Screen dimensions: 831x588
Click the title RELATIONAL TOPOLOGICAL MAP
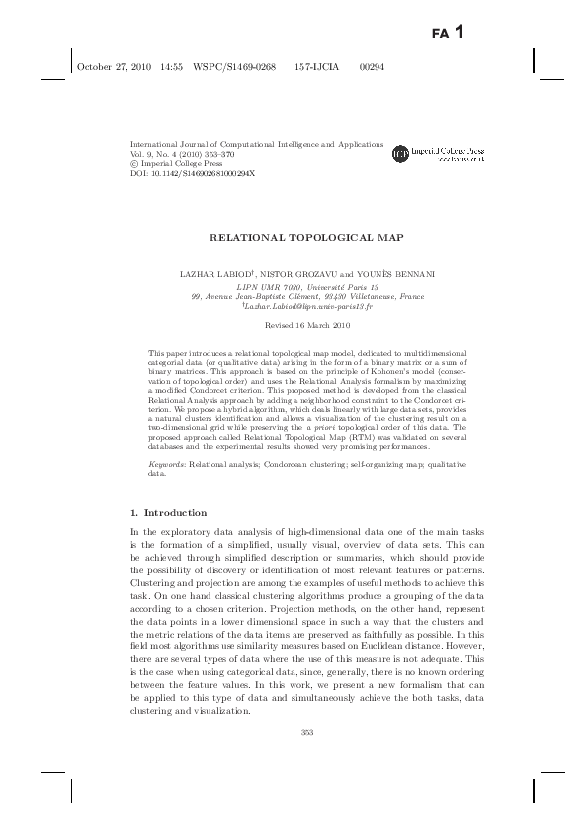tap(293, 238)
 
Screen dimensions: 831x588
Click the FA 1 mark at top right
tap(449, 33)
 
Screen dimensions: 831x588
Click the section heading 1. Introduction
tap(168, 512)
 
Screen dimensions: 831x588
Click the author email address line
tap(293, 306)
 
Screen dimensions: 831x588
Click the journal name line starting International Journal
tap(257, 144)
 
